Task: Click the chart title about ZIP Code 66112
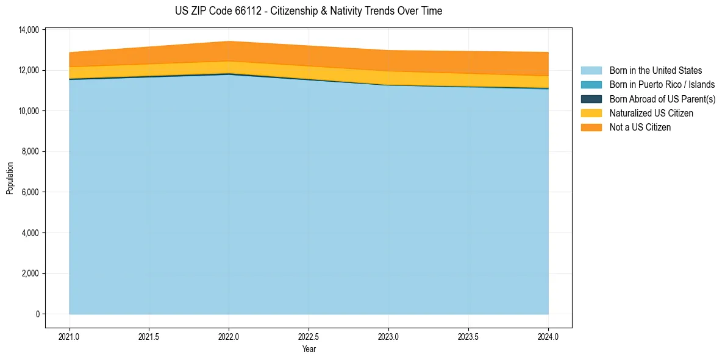coord(308,11)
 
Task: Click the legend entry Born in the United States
coord(655,71)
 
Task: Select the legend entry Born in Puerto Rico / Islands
coord(662,85)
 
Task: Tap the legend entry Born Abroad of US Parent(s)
coord(662,99)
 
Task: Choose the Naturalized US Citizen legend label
coord(651,113)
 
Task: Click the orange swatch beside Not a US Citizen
coord(591,127)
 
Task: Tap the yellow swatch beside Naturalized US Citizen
coord(591,113)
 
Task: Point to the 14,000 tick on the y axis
coord(29,30)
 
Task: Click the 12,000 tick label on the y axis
coord(29,70)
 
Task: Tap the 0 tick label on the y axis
coord(37,314)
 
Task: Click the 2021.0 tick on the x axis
coord(70,336)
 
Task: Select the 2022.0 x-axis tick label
coord(229,336)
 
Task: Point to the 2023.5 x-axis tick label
coord(468,336)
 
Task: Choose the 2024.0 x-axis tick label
coord(548,336)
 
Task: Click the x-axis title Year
coord(309,349)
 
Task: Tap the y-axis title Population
coord(10,178)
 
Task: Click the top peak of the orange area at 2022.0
coord(229,41)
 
